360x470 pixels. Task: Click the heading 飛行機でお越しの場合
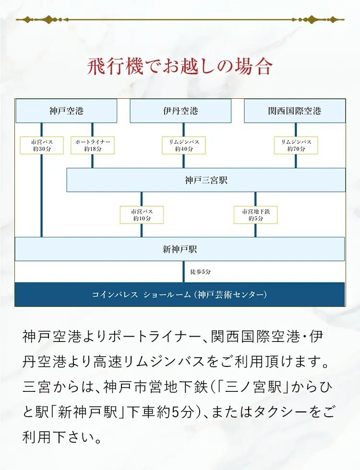pos(180,66)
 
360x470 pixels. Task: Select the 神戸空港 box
pos(66,111)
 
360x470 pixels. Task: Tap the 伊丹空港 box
pos(180,111)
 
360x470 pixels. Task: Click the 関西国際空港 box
pos(295,111)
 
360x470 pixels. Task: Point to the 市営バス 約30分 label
pos(41,145)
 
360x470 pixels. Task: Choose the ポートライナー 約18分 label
pos(93,145)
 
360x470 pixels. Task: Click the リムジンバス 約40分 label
pos(184,145)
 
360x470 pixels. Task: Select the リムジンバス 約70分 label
pos(296,145)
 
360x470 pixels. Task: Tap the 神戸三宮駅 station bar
pos(206,180)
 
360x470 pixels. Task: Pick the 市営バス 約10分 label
pos(142,215)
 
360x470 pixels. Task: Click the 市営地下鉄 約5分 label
pos(255,215)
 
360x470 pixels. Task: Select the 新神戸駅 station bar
pos(180,249)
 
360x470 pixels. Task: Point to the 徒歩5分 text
pos(201,272)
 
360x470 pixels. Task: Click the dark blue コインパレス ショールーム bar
pos(180,294)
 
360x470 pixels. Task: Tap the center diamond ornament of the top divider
pos(180,20)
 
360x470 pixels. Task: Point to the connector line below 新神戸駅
pos(183,271)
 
